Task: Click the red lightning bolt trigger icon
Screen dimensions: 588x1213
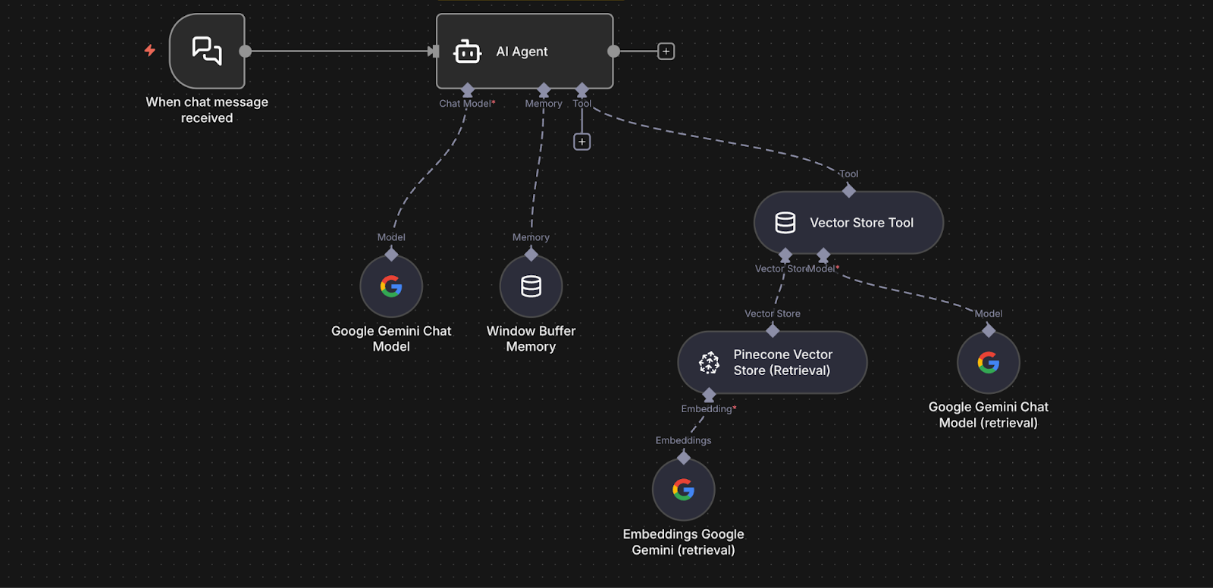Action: (150, 50)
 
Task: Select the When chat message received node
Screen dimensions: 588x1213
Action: (207, 51)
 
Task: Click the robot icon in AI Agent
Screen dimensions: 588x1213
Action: (467, 52)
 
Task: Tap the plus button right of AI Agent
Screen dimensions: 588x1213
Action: (666, 51)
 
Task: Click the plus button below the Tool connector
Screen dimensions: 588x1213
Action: (581, 142)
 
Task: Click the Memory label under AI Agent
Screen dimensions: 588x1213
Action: (544, 104)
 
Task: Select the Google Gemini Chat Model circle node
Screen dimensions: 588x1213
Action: (391, 286)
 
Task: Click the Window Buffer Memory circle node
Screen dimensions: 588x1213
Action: (531, 286)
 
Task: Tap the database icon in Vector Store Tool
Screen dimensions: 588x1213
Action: (785, 223)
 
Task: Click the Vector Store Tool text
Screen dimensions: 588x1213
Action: (861, 223)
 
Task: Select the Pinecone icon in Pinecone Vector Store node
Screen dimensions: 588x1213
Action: (709, 363)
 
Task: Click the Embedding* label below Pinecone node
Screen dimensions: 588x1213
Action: (708, 409)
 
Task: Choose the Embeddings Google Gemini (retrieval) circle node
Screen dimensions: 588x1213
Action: (683, 489)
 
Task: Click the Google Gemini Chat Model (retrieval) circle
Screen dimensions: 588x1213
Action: (988, 363)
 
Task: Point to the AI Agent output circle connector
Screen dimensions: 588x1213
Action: (613, 52)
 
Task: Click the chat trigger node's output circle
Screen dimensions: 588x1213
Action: (245, 52)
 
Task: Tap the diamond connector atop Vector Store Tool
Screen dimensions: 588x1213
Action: (849, 191)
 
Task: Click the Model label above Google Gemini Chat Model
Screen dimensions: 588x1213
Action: (391, 237)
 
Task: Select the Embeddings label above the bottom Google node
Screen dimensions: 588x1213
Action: (683, 440)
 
